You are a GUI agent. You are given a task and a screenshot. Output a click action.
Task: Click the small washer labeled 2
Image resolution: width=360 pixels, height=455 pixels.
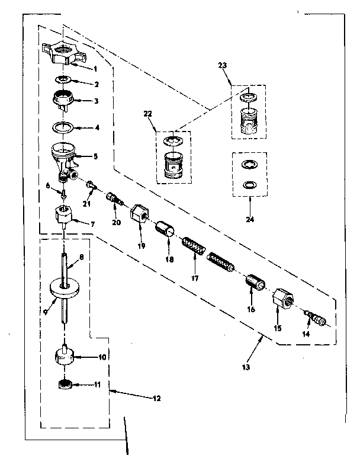(64, 79)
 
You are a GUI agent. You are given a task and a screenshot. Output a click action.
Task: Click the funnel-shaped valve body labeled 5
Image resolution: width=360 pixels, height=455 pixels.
(63, 156)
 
